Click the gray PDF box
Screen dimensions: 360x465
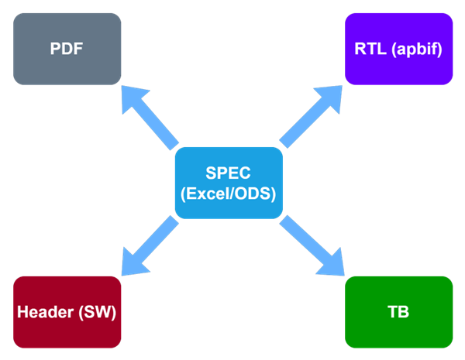coord(67,48)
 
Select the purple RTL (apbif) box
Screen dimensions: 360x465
coord(398,48)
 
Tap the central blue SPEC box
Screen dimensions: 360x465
coord(229,183)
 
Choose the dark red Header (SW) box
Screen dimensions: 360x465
coord(67,312)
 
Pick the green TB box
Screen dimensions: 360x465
coord(398,312)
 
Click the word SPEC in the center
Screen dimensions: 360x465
coord(229,173)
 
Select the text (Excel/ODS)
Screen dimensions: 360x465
coord(229,194)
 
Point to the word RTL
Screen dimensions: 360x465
coord(371,49)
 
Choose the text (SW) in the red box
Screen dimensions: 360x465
coord(100,313)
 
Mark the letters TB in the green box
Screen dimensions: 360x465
coord(398,313)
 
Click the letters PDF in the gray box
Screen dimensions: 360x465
coord(67,49)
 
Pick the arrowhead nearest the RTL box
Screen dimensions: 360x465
coord(330,97)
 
